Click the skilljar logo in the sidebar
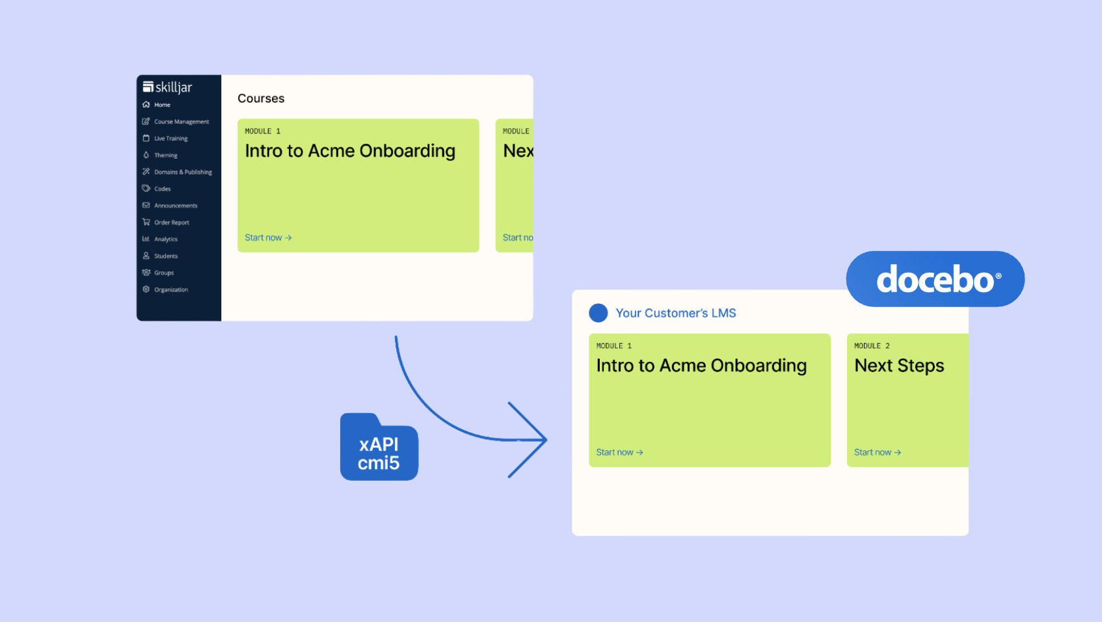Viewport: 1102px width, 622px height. (167, 87)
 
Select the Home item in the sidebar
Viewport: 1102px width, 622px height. (162, 105)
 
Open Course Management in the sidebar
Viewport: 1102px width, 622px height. (181, 122)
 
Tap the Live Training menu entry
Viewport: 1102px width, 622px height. (170, 139)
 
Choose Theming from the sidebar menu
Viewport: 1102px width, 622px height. (165, 155)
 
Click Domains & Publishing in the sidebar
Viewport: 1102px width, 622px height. (182, 172)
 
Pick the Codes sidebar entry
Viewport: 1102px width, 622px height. (162, 189)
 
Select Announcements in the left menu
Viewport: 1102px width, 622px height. (175, 206)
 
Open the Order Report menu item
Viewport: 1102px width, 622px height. (171, 223)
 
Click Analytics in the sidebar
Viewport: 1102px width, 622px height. (165, 239)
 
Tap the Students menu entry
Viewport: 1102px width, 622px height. (165, 256)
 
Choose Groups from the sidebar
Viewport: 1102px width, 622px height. (163, 273)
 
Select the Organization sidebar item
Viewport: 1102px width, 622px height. (170, 290)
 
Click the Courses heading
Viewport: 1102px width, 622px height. (261, 98)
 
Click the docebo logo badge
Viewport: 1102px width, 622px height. (935, 279)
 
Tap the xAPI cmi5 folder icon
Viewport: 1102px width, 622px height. (379, 449)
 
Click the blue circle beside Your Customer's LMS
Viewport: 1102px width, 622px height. (598, 313)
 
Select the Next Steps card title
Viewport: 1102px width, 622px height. (899, 366)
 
